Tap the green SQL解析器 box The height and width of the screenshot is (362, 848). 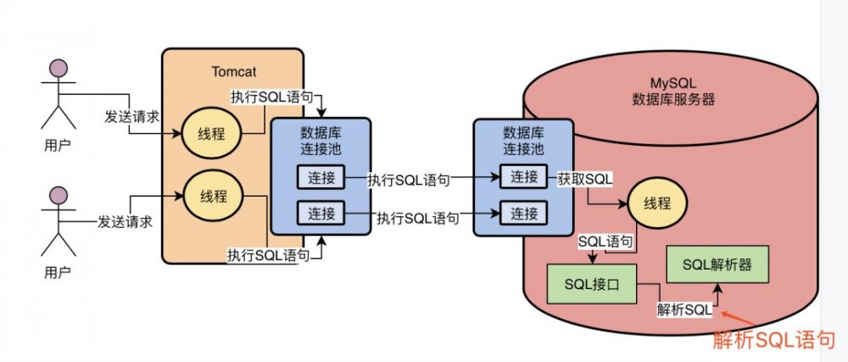pyautogui.click(x=719, y=265)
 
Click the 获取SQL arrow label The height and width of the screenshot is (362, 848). pyautogui.click(x=585, y=180)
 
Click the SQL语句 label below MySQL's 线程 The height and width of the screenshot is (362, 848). pyautogui.click(x=605, y=242)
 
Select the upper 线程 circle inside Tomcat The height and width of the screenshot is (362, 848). pyautogui.click(x=213, y=134)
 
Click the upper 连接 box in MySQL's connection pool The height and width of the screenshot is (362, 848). pyautogui.click(x=524, y=176)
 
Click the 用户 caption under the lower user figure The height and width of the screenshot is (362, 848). pyautogui.click(x=58, y=272)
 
